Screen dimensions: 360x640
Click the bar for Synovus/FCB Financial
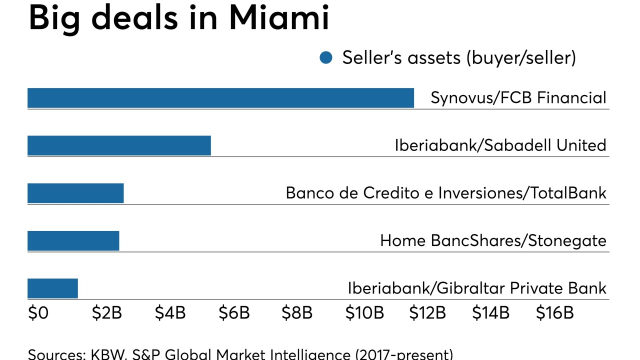[220, 98]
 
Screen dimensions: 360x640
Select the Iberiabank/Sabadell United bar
[119, 145]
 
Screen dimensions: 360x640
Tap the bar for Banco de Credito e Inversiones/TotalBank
[75, 193]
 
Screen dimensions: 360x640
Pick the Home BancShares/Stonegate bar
[73, 241]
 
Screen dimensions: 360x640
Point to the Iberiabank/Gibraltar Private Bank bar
[52, 288]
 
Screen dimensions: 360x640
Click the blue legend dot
[326, 58]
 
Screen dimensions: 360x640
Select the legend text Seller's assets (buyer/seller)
[459, 58]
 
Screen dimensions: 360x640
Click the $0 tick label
[38, 313]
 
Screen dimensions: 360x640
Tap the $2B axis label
[106, 313]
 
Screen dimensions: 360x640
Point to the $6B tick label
[233, 313]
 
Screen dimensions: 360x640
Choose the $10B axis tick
[364, 313]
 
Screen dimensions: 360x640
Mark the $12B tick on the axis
[427, 313]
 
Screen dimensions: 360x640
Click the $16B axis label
[554, 313]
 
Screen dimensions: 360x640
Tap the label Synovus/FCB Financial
[518, 97]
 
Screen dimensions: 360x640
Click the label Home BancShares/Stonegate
[493, 241]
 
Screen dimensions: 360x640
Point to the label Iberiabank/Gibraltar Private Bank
[477, 288]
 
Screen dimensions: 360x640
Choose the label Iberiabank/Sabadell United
[500, 145]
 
